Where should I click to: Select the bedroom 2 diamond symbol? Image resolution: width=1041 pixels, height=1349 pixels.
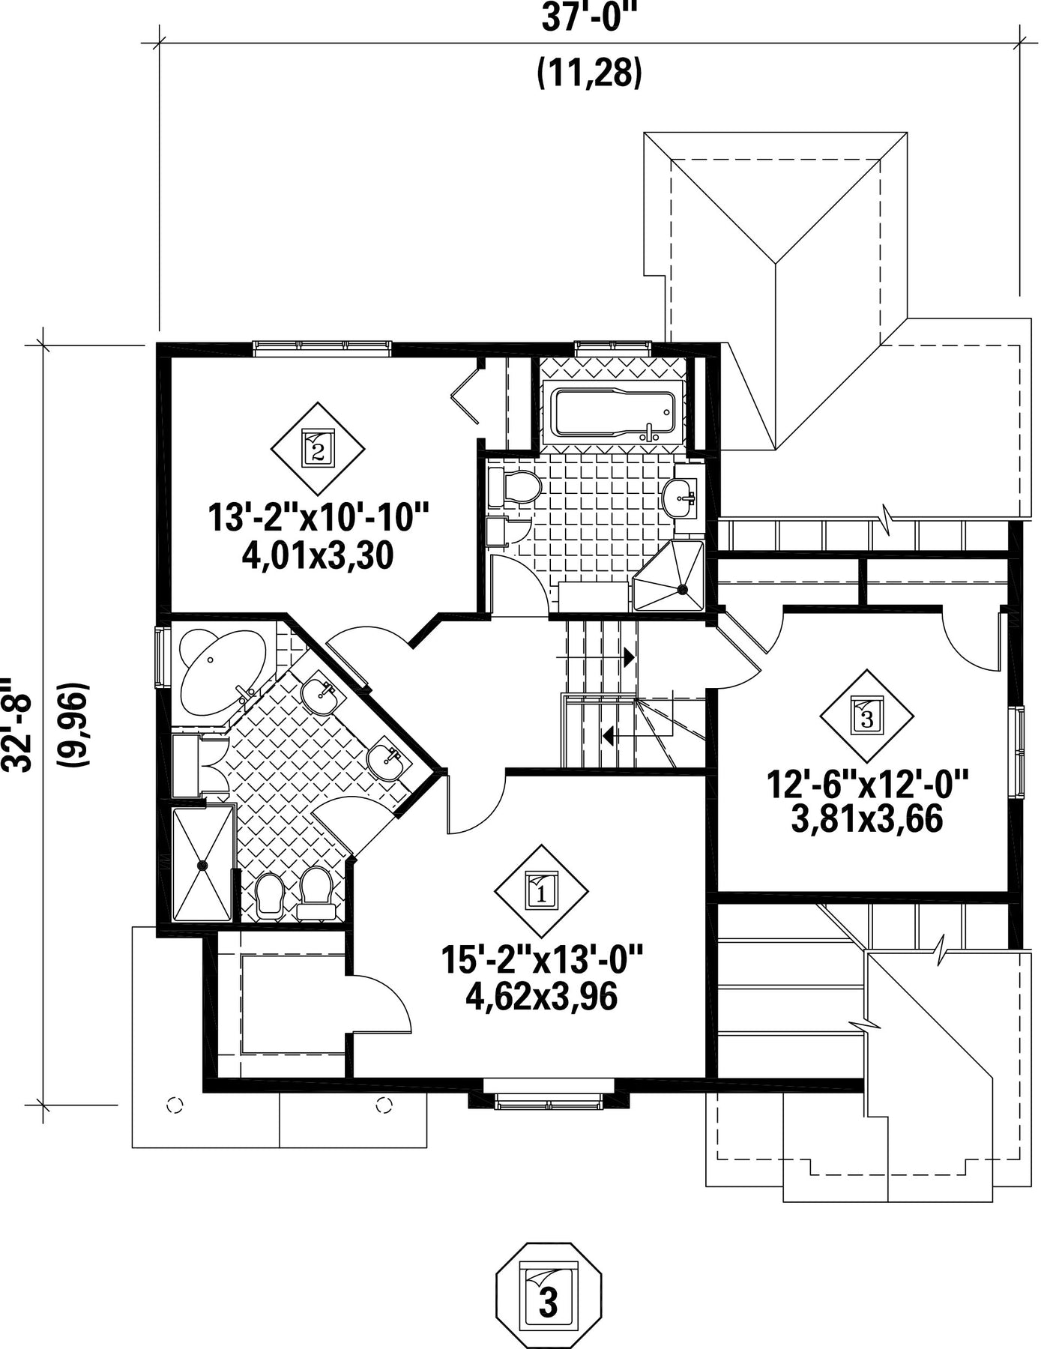318,449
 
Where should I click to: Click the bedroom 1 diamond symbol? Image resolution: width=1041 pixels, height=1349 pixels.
541,891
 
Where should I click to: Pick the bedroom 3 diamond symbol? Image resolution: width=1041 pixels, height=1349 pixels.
867,716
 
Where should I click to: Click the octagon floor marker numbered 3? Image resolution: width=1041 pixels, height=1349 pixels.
549,1296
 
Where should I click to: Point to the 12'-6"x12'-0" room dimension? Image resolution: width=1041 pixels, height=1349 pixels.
867,786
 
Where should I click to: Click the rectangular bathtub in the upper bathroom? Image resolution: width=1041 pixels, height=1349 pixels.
612,411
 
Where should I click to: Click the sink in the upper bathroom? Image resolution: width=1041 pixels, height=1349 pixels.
681,497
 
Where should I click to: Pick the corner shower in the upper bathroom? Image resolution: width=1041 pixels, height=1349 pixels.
669,577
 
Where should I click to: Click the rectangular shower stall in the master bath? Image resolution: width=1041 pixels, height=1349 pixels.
202,864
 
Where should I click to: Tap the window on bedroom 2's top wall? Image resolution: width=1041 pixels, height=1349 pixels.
322,347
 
